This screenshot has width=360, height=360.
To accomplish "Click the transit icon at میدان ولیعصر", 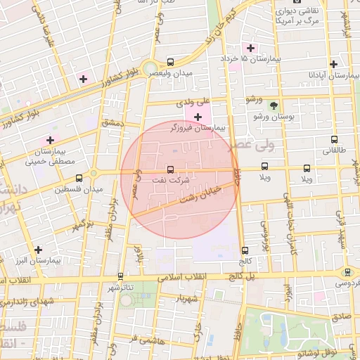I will [172, 62].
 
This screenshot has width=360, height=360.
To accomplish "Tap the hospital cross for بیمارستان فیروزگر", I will [198, 116].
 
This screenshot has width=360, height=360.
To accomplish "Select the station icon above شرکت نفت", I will [171, 169].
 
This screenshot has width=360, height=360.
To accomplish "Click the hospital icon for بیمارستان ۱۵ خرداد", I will [250, 48].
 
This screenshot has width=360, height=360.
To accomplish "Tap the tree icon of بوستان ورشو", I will [274, 105].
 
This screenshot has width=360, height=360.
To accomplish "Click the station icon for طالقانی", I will [334, 139].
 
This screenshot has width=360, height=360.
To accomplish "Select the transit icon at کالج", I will [245, 250].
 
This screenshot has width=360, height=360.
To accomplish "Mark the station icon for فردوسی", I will [347, 271].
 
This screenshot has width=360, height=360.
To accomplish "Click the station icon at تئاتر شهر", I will [120, 276].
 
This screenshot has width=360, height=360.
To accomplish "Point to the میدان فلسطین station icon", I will [78, 178].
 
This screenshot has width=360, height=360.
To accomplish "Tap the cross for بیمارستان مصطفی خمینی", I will [50, 139].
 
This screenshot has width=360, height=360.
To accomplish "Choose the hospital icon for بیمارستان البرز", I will [38, 250].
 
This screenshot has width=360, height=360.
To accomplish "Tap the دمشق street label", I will [112, 124].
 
